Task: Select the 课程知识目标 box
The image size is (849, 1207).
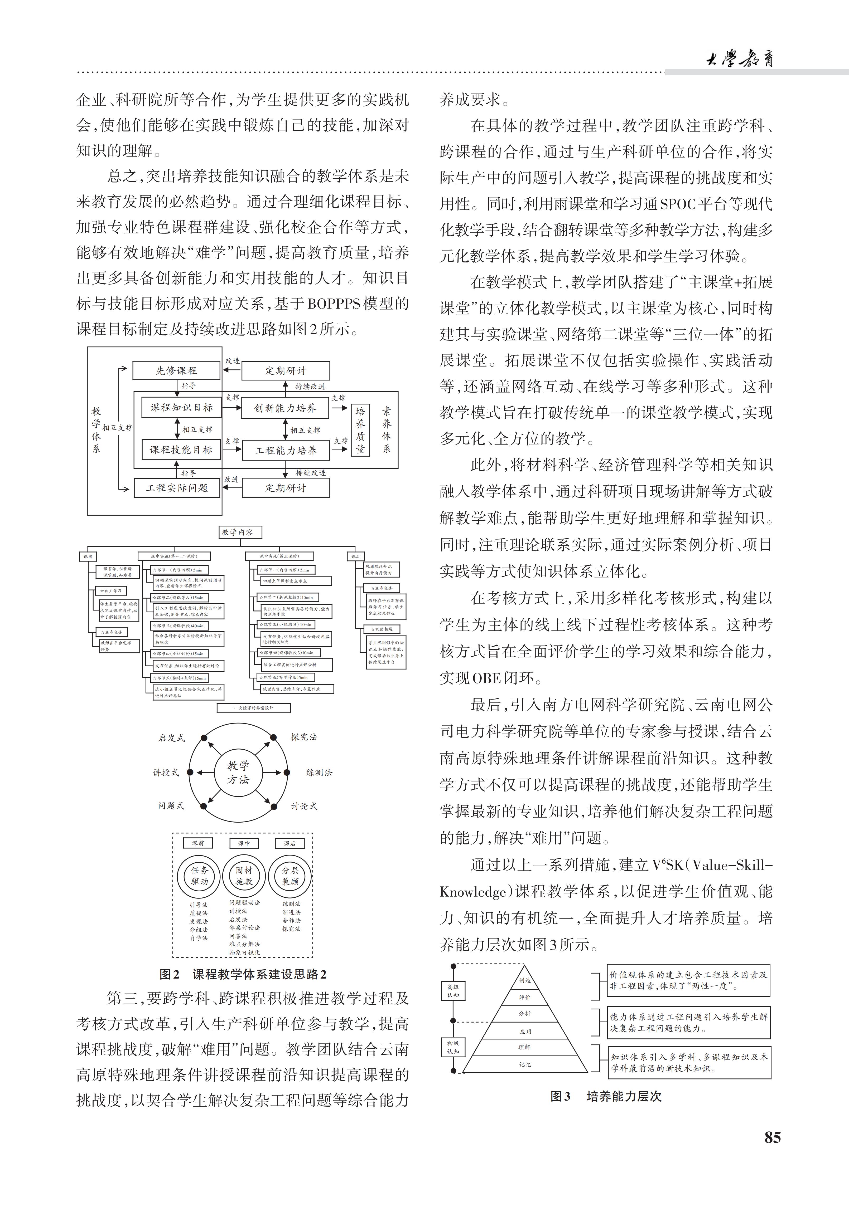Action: point(181,407)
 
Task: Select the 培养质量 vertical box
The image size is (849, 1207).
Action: point(360,430)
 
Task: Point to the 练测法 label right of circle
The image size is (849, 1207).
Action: point(319,772)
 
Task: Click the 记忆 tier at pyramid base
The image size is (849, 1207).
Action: point(524,1064)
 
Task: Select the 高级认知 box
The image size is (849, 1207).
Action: point(453,991)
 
